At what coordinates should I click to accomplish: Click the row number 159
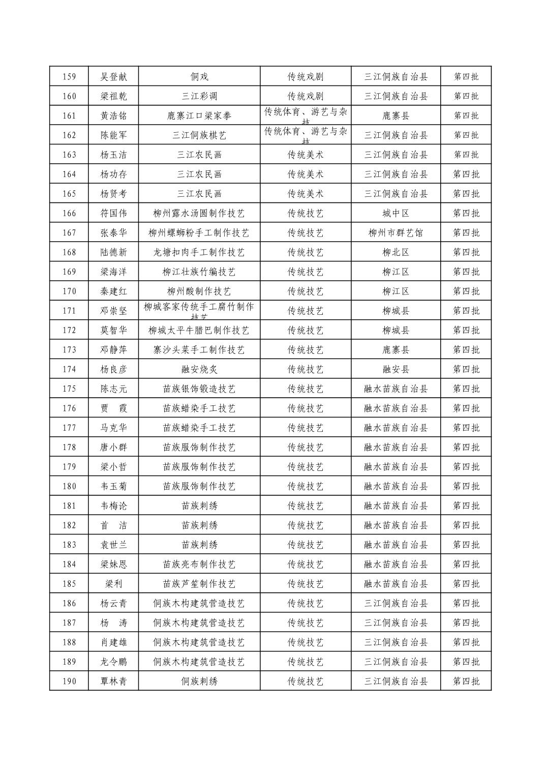click(x=69, y=77)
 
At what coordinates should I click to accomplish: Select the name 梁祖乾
click(x=113, y=96)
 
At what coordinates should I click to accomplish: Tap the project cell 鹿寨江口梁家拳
click(x=199, y=116)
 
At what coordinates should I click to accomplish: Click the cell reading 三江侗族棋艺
click(x=199, y=135)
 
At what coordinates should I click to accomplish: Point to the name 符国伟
click(x=113, y=213)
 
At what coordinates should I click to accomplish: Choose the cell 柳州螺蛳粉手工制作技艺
click(x=199, y=233)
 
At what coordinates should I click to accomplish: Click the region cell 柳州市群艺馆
click(x=396, y=233)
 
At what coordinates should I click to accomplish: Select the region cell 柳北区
click(x=396, y=252)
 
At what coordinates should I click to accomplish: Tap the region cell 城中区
click(x=396, y=213)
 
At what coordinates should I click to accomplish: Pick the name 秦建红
click(x=113, y=291)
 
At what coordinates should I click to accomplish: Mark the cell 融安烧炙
click(x=199, y=369)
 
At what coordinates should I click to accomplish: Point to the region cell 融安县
click(x=396, y=369)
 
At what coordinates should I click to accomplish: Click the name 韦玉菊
click(x=113, y=486)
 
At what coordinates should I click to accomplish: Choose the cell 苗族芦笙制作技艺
click(x=199, y=584)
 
